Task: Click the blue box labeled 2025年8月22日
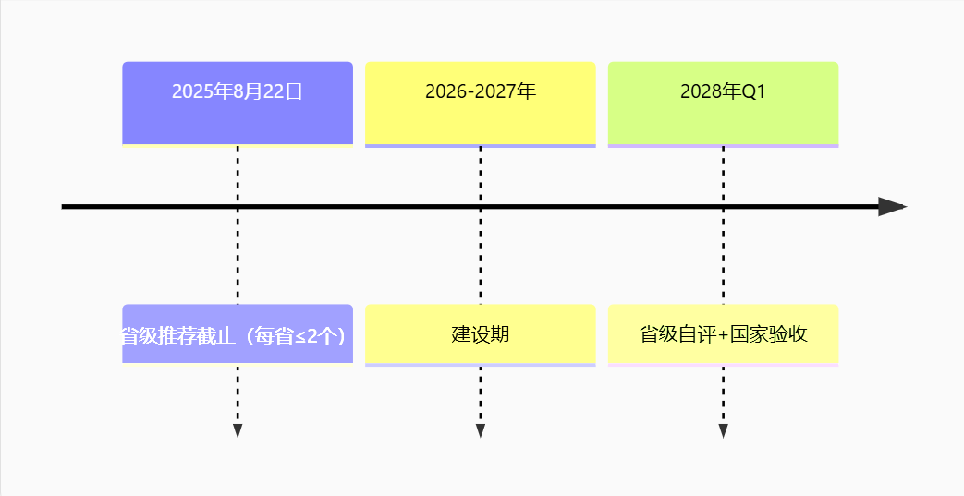point(238,103)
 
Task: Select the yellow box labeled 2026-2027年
point(481,103)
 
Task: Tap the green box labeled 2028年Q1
point(723,103)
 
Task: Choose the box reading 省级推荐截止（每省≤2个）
point(238,334)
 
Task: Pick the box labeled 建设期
point(481,335)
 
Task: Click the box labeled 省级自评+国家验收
point(723,335)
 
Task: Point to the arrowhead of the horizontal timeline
point(893,207)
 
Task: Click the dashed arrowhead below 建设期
point(481,430)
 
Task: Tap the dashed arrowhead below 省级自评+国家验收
point(723,430)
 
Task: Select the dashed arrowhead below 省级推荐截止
point(238,430)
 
